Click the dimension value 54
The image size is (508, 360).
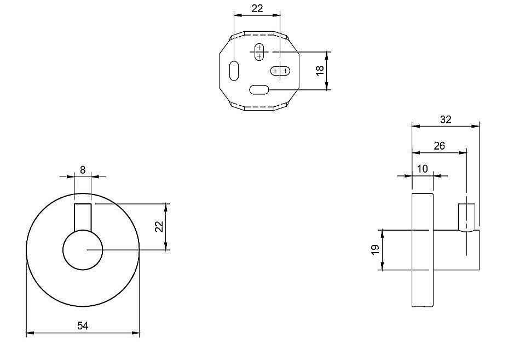(83, 326)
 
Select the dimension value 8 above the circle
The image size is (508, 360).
(83, 170)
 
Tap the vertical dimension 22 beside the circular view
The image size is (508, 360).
(159, 226)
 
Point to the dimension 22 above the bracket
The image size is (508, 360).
(257, 8)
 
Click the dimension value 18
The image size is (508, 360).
(321, 70)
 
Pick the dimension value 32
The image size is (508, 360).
(446, 119)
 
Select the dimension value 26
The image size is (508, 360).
(439, 146)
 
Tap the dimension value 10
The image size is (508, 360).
(422, 169)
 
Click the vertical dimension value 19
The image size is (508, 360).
(375, 250)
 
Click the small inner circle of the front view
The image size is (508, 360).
(83, 250)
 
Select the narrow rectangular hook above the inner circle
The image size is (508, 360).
(83, 216)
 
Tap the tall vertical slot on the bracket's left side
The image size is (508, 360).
(234, 71)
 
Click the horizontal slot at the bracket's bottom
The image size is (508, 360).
(259, 89)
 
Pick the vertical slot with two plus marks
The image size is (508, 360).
(259, 52)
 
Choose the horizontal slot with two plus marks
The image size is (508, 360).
(280, 71)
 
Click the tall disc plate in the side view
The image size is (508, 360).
(423, 249)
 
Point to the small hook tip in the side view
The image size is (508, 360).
(466, 216)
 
